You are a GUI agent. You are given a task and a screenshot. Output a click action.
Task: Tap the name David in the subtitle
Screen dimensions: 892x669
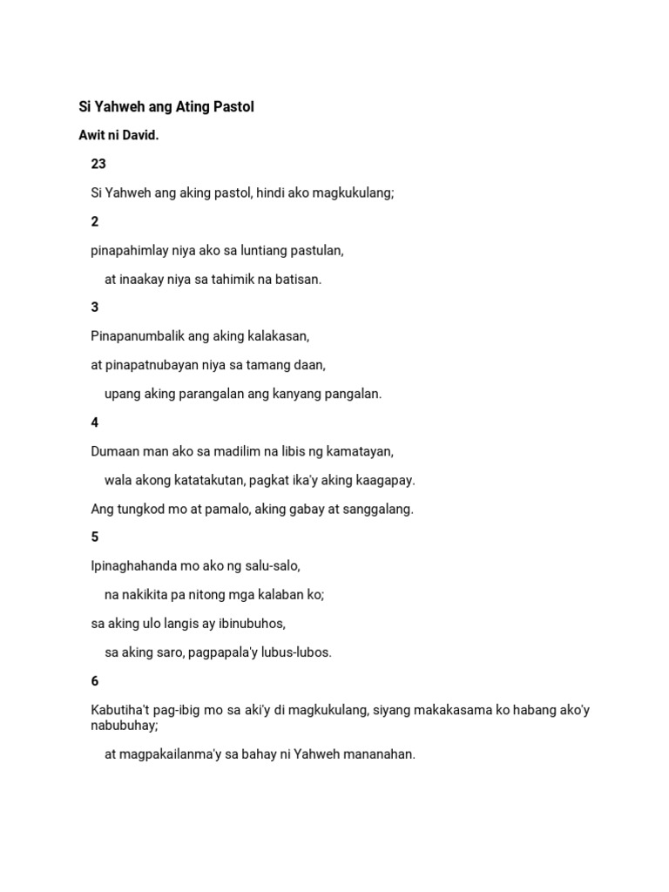click(x=140, y=136)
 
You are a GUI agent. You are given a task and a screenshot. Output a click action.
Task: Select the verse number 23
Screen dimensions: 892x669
click(x=98, y=164)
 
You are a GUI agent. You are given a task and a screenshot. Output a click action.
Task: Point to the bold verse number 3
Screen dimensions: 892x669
click(x=95, y=307)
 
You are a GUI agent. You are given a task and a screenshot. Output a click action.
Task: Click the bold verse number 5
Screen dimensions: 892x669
click(x=95, y=537)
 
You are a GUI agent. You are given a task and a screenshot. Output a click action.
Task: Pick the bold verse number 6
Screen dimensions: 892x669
click(x=95, y=681)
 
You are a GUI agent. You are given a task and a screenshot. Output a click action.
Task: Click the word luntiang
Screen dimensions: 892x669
click(x=260, y=251)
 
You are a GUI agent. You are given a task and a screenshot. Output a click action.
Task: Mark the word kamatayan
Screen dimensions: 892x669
click(x=362, y=451)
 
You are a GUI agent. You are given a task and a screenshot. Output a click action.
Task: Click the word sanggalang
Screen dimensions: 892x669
click(x=376, y=509)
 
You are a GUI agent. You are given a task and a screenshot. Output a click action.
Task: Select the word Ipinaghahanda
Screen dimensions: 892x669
click(x=134, y=566)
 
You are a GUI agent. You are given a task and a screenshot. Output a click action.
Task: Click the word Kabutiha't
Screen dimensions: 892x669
click(x=120, y=710)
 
